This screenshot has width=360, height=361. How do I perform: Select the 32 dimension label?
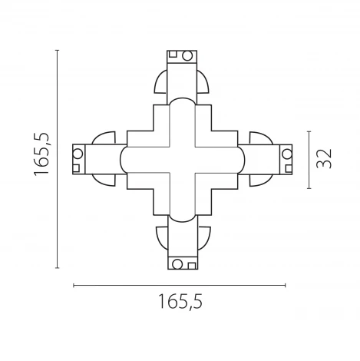tap(325, 159)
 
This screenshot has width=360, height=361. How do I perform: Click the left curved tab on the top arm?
tap(160, 83)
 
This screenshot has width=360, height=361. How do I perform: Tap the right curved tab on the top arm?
tap(202, 83)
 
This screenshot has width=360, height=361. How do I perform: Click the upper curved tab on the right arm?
tap(259, 138)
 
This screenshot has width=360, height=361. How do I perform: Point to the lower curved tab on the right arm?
tap(259, 180)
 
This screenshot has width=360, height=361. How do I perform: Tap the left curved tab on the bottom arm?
tap(160, 236)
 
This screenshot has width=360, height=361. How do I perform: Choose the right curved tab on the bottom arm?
tap(203, 236)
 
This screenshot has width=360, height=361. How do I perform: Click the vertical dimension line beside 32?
tap(308, 159)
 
